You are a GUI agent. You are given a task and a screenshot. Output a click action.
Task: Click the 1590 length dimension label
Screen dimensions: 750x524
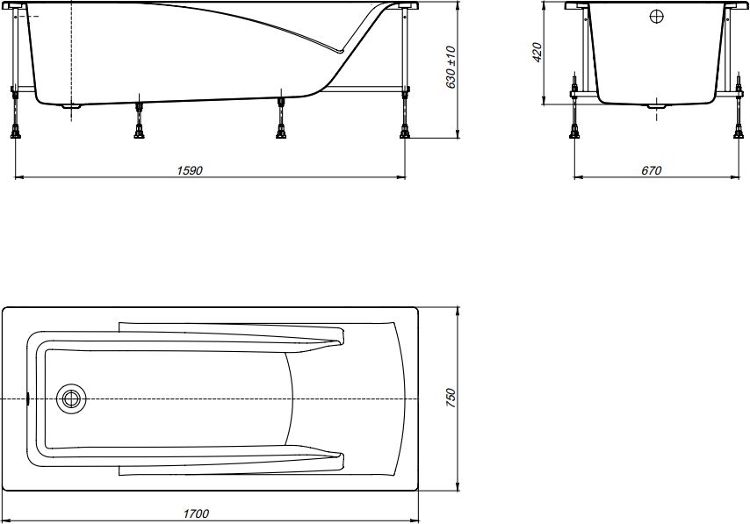click(190, 170)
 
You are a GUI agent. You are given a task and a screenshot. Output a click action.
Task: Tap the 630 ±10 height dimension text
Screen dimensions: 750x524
click(451, 68)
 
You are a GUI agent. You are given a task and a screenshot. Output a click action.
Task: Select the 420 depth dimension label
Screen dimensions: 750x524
click(537, 52)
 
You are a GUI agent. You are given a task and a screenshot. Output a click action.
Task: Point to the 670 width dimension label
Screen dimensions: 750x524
click(651, 170)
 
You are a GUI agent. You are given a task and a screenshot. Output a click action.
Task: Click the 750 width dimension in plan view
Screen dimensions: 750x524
click(451, 398)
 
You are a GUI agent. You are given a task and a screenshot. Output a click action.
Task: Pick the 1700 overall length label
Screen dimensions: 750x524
click(196, 513)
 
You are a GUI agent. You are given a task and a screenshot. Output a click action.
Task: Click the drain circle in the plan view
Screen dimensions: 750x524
click(71, 398)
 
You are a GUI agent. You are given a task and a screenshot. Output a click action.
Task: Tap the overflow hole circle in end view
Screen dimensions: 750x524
click(657, 17)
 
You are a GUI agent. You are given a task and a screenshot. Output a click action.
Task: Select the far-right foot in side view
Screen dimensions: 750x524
click(405, 131)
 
